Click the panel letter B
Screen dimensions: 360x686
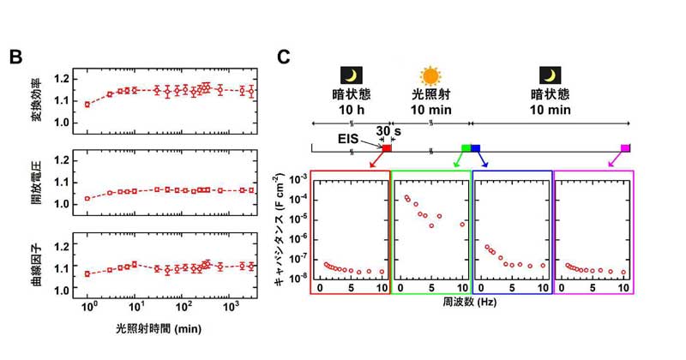click(16, 57)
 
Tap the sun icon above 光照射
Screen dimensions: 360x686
click(430, 75)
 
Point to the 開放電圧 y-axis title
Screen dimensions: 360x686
click(39, 183)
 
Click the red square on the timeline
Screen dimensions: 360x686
click(387, 148)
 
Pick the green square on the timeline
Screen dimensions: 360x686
click(466, 148)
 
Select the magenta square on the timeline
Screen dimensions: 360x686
click(626, 148)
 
